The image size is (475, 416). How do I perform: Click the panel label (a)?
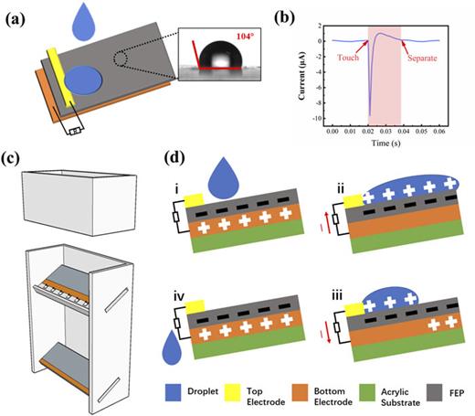18,14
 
